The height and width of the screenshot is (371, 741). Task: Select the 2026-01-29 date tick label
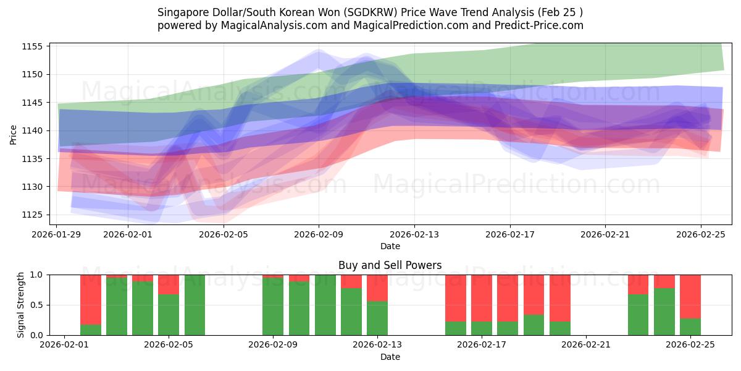(57, 235)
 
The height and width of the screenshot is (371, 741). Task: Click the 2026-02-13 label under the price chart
(414, 235)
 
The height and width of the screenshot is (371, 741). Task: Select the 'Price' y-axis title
(14, 134)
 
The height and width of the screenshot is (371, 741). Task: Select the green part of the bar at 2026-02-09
(273, 307)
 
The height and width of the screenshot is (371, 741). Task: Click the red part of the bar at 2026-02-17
(482, 298)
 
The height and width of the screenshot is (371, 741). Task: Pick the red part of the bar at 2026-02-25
(690, 296)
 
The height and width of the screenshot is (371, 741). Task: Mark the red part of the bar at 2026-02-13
(377, 288)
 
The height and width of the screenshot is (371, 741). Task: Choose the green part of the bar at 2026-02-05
(195, 305)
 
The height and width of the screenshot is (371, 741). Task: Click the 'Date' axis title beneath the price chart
(390, 246)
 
